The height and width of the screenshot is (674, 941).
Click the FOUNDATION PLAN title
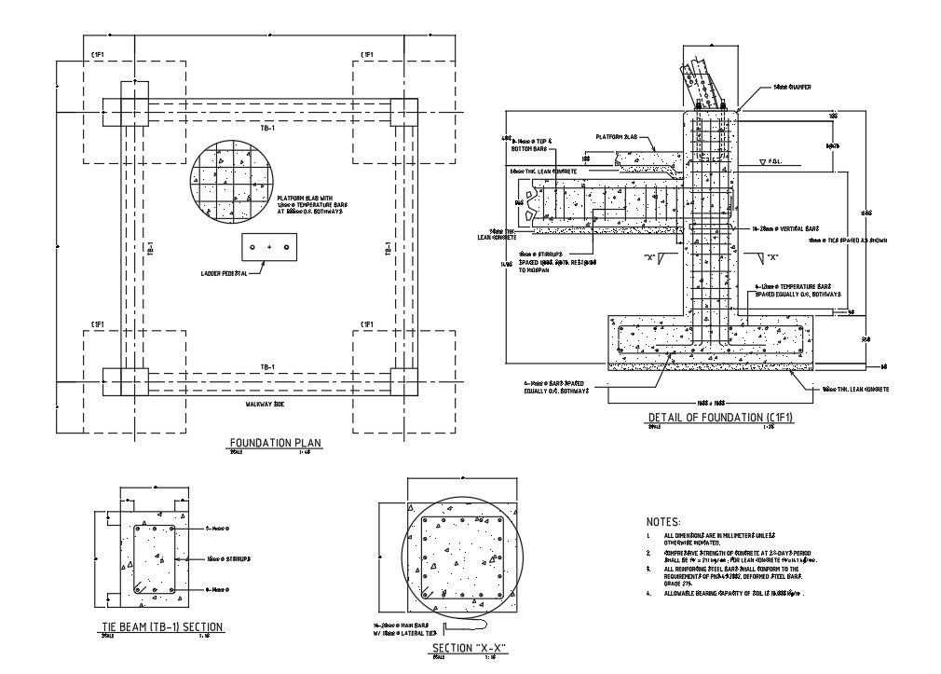(276, 444)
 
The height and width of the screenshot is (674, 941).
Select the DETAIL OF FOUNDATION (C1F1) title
(720, 418)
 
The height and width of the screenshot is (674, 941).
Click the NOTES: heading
(662, 522)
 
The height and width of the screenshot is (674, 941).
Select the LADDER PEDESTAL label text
(225, 273)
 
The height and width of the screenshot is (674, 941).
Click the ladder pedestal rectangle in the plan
(269, 247)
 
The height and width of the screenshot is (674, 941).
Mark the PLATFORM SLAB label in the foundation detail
(616, 136)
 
